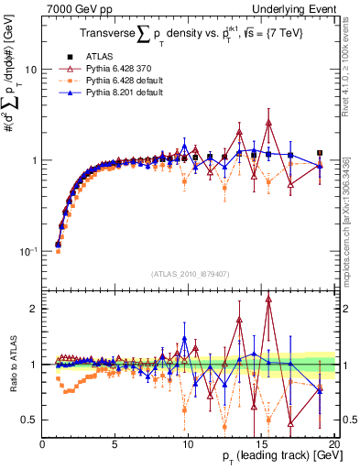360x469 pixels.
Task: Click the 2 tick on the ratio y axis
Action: click(x=34, y=309)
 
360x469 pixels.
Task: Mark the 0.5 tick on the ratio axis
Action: click(x=30, y=420)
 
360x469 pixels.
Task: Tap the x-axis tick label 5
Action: click(x=115, y=444)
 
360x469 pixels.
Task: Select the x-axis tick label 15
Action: click(x=261, y=444)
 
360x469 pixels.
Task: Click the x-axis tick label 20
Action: click(x=333, y=444)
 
